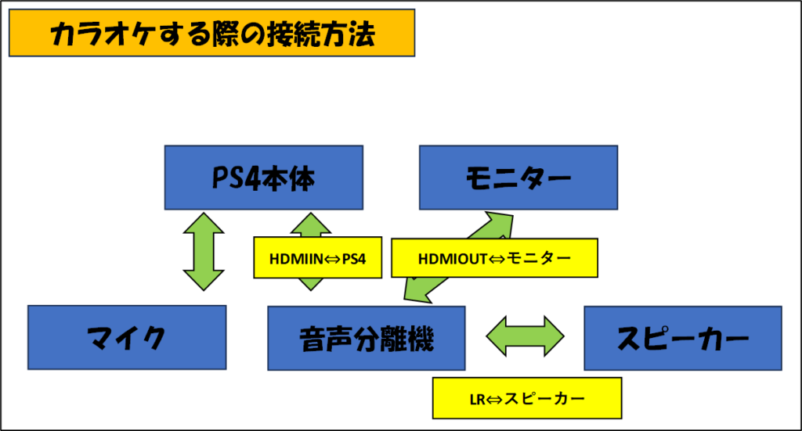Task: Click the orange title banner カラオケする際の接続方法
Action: tap(211, 33)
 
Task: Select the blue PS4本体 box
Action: tap(263, 178)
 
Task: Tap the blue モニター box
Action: tap(518, 178)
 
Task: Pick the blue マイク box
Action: tap(127, 338)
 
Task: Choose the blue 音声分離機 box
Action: tap(367, 338)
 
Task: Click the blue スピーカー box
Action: tap(683, 338)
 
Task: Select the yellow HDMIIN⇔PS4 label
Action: tap(318, 258)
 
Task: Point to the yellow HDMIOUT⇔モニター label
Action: tap(494, 258)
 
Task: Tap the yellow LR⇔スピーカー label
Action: tap(527, 398)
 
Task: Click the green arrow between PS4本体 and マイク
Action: tap(204, 252)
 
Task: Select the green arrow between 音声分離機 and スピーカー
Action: tap(525, 336)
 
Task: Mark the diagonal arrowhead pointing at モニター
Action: tap(495, 224)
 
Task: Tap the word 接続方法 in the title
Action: tap(322, 34)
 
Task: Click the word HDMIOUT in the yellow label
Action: tap(452, 259)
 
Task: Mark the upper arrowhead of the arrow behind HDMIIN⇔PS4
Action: tap(310, 224)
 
